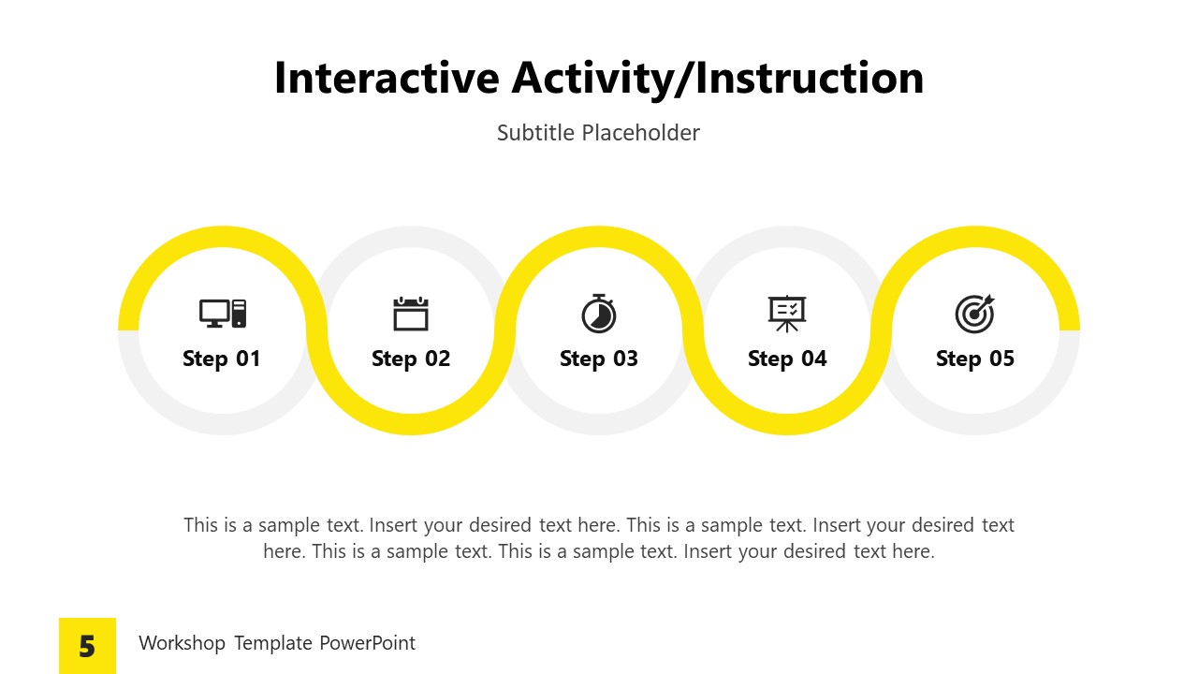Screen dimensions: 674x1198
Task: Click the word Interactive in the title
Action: [x=386, y=78]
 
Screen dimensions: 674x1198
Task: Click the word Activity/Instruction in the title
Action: [x=717, y=78]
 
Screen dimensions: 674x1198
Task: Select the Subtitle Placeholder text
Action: [x=598, y=133]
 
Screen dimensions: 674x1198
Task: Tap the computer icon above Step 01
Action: [x=223, y=314]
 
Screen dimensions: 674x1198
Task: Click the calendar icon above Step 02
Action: [x=411, y=314]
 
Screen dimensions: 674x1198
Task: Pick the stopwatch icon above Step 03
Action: [x=599, y=314]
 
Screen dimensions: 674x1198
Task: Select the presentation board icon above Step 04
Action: [x=787, y=314]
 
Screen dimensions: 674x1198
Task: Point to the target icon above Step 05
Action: [x=974, y=314]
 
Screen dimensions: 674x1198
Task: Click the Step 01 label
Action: [x=222, y=359]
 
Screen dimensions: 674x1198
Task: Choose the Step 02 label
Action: [x=411, y=359]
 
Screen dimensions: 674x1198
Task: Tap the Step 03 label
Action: [x=599, y=359]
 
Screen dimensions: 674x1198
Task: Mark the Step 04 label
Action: [x=787, y=359]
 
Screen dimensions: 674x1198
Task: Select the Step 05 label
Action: [x=975, y=359]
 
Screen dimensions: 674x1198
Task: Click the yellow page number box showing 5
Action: [x=87, y=646]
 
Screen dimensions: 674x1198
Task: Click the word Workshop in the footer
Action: [x=182, y=643]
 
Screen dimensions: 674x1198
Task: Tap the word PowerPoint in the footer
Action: [x=367, y=643]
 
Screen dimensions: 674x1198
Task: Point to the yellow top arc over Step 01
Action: [x=223, y=236]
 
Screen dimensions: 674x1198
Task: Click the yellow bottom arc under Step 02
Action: [x=411, y=424]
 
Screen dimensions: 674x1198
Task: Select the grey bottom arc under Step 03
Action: [x=599, y=424]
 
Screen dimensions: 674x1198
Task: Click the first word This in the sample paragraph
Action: [x=200, y=525]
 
